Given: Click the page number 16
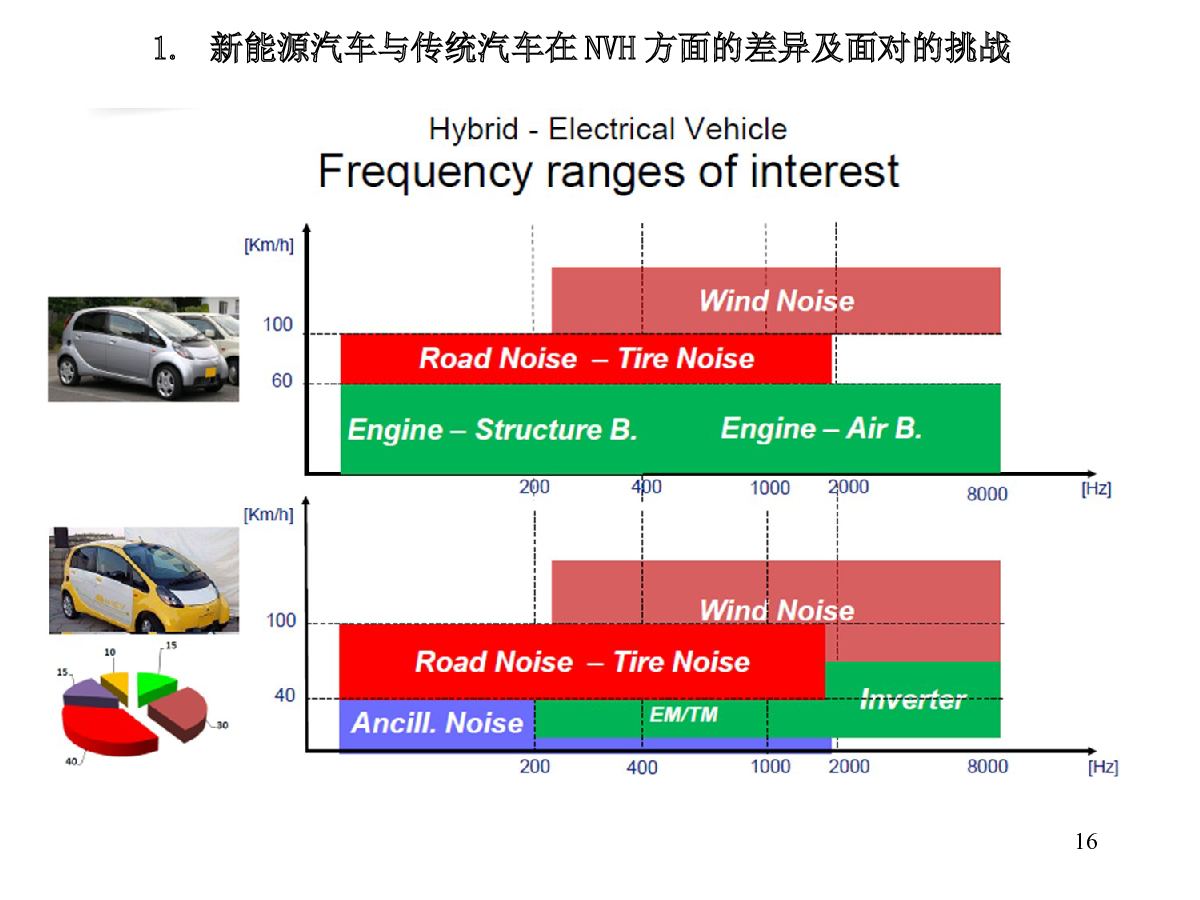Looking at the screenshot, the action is (x=1085, y=841).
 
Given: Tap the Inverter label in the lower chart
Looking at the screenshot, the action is (x=912, y=699).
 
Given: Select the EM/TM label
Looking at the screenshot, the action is (x=683, y=714).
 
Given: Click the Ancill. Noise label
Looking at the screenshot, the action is (x=437, y=722).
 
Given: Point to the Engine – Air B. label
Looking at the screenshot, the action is (x=821, y=428).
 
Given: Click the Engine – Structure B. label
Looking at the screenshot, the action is (x=493, y=429).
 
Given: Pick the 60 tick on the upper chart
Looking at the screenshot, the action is (x=282, y=380).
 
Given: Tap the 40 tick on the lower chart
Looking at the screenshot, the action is (x=284, y=695).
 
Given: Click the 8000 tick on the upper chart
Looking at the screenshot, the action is (x=987, y=493).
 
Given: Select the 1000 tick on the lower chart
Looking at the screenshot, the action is (x=770, y=766).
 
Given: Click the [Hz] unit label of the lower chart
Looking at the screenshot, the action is (x=1102, y=767).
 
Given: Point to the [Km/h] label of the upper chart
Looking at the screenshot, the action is (x=268, y=245).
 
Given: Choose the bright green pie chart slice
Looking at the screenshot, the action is (x=155, y=687).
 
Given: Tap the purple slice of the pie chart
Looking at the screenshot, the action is (x=91, y=693).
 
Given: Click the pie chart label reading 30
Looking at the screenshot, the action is (x=222, y=725).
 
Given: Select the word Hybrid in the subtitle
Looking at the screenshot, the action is (x=473, y=130).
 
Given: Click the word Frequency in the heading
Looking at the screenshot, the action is (x=425, y=172).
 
